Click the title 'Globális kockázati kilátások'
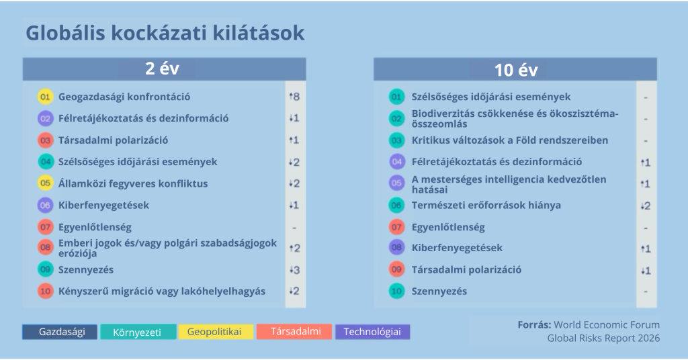click(165, 34)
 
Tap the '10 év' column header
click(515, 69)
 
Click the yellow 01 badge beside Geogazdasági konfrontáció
click(45, 97)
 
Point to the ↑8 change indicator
click(294, 97)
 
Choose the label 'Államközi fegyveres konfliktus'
click(133, 184)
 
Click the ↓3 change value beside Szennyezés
click(294, 270)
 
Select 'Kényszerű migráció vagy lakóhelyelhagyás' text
click(162, 291)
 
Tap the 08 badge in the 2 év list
click(45, 247)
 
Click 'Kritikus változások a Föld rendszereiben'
click(510, 140)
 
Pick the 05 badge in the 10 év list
click(396, 183)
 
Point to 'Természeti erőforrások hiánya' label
click(486, 206)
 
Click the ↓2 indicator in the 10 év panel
click(646, 206)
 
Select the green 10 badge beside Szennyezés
click(396, 291)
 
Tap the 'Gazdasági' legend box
click(60, 332)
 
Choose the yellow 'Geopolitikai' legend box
click(216, 332)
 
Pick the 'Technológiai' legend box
click(372, 332)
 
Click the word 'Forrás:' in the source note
click(534, 325)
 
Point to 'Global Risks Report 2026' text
click(603, 338)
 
